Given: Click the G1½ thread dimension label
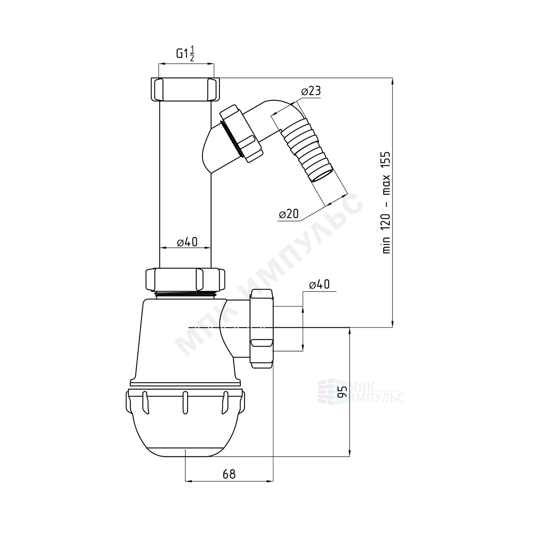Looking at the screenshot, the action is tap(186, 53).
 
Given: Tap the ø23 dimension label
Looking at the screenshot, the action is tap(311, 91).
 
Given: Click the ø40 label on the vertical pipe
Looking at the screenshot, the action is tap(187, 242).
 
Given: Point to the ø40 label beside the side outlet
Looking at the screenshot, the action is tap(319, 284).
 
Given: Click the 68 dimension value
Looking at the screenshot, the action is tap(229, 474).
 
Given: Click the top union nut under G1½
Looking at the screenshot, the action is tap(186, 90).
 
